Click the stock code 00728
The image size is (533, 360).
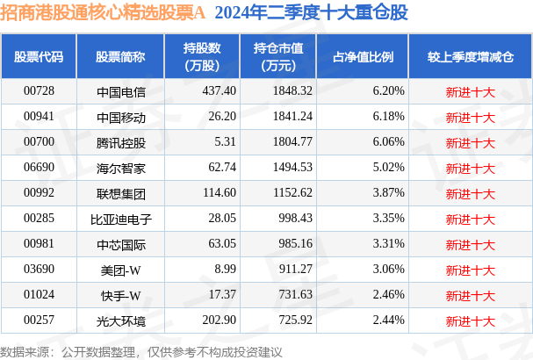(x=39, y=90)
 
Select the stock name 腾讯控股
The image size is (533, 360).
(x=121, y=142)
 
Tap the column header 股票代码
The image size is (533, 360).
(x=39, y=56)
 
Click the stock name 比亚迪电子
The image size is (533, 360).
(x=121, y=218)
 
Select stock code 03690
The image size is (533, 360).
(x=39, y=269)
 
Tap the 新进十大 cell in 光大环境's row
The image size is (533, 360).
(x=471, y=320)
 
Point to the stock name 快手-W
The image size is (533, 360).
(x=121, y=294)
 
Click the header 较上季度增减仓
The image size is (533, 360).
(x=471, y=56)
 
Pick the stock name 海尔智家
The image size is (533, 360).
(x=121, y=167)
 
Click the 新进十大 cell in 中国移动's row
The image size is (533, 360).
(x=471, y=116)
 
